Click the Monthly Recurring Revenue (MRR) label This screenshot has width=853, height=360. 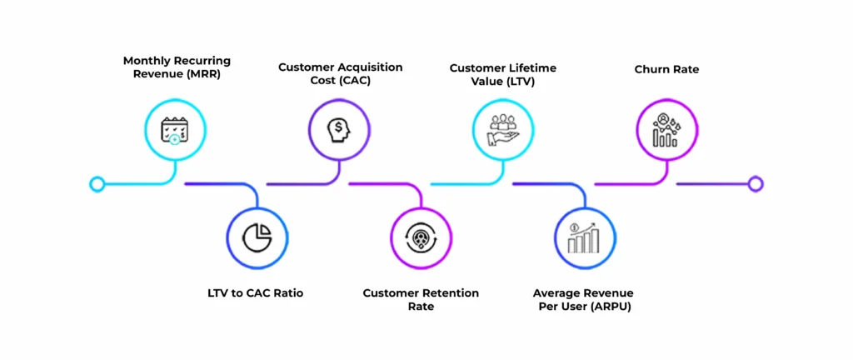coord(177,67)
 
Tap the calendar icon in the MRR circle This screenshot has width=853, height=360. coord(175,129)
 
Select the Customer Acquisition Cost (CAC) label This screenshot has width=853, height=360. coord(340,73)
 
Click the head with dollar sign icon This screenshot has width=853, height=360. coord(339,129)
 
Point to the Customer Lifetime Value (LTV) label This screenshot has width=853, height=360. coord(503,73)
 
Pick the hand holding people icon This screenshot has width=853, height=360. coord(503,129)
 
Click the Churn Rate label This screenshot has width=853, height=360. coord(666,69)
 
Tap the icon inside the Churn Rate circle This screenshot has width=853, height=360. coord(666,130)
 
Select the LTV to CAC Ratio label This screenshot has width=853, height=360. coord(256,293)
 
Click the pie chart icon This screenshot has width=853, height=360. coord(257,237)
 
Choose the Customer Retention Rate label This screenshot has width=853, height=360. coord(421,299)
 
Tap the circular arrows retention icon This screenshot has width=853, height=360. coord(422,237)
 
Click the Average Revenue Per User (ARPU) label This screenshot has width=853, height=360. coord(583,299)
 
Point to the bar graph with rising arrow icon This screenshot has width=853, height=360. coord(584,237)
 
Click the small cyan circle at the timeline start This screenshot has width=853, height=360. coord(97,183)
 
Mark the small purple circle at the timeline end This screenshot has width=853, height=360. coord(756,183)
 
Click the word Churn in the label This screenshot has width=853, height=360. coord(651,69)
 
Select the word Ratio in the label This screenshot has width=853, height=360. coord(287,293)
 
